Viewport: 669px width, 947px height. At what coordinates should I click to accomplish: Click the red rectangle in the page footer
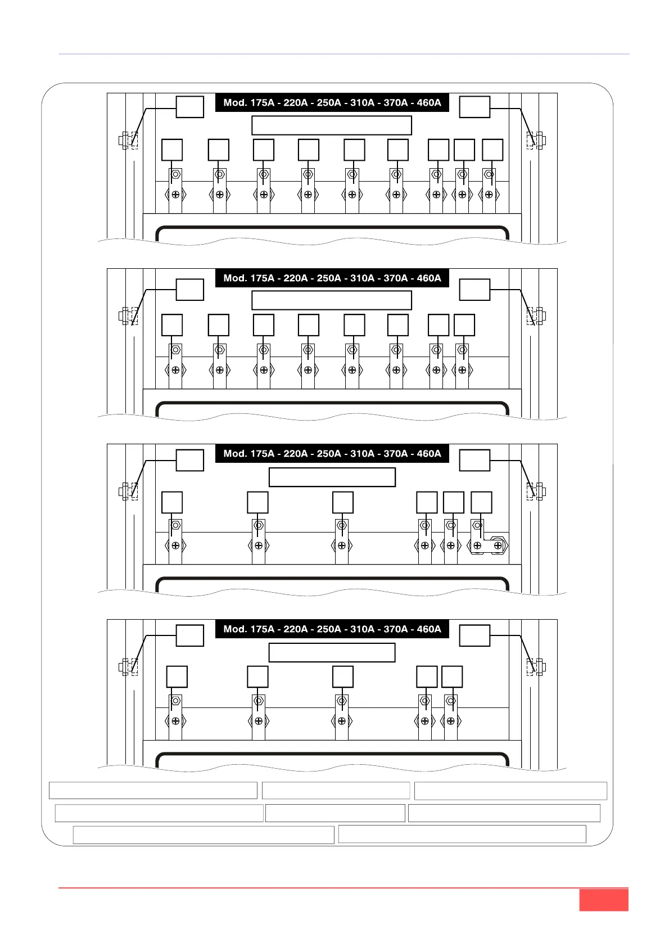pos(603,900)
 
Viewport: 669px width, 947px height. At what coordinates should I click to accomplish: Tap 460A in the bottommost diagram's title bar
pos(429,629)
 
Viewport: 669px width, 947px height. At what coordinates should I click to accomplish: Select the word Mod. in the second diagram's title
pos(235,278)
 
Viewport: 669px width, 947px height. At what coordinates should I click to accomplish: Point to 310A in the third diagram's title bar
pos(362,454)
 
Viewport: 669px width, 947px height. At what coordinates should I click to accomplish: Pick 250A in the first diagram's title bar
pos(329,103)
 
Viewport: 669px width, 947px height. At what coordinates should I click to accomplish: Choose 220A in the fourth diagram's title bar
pos(296,629)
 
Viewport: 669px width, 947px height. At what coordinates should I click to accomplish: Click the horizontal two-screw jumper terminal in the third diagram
pos(487,545)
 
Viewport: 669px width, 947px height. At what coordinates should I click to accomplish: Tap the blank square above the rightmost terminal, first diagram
pos(492,150)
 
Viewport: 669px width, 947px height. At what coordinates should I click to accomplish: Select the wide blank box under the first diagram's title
pos(332,125)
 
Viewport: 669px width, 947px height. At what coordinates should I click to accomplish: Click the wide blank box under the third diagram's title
pos(332,477)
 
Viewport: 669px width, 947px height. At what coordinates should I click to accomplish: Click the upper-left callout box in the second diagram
pos(190,290)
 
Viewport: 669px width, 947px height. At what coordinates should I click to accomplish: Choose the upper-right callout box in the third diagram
pos(474,461)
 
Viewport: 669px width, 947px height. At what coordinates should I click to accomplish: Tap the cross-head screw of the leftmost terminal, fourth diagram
pos(175,721)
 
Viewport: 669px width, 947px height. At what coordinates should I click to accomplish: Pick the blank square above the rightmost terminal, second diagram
pos(464,326)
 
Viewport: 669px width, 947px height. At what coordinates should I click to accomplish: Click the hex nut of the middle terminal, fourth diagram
pos(342,701)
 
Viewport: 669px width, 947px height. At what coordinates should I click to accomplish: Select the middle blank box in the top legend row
pos(336,791)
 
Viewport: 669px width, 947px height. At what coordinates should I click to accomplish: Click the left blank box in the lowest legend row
pos(204,835)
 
